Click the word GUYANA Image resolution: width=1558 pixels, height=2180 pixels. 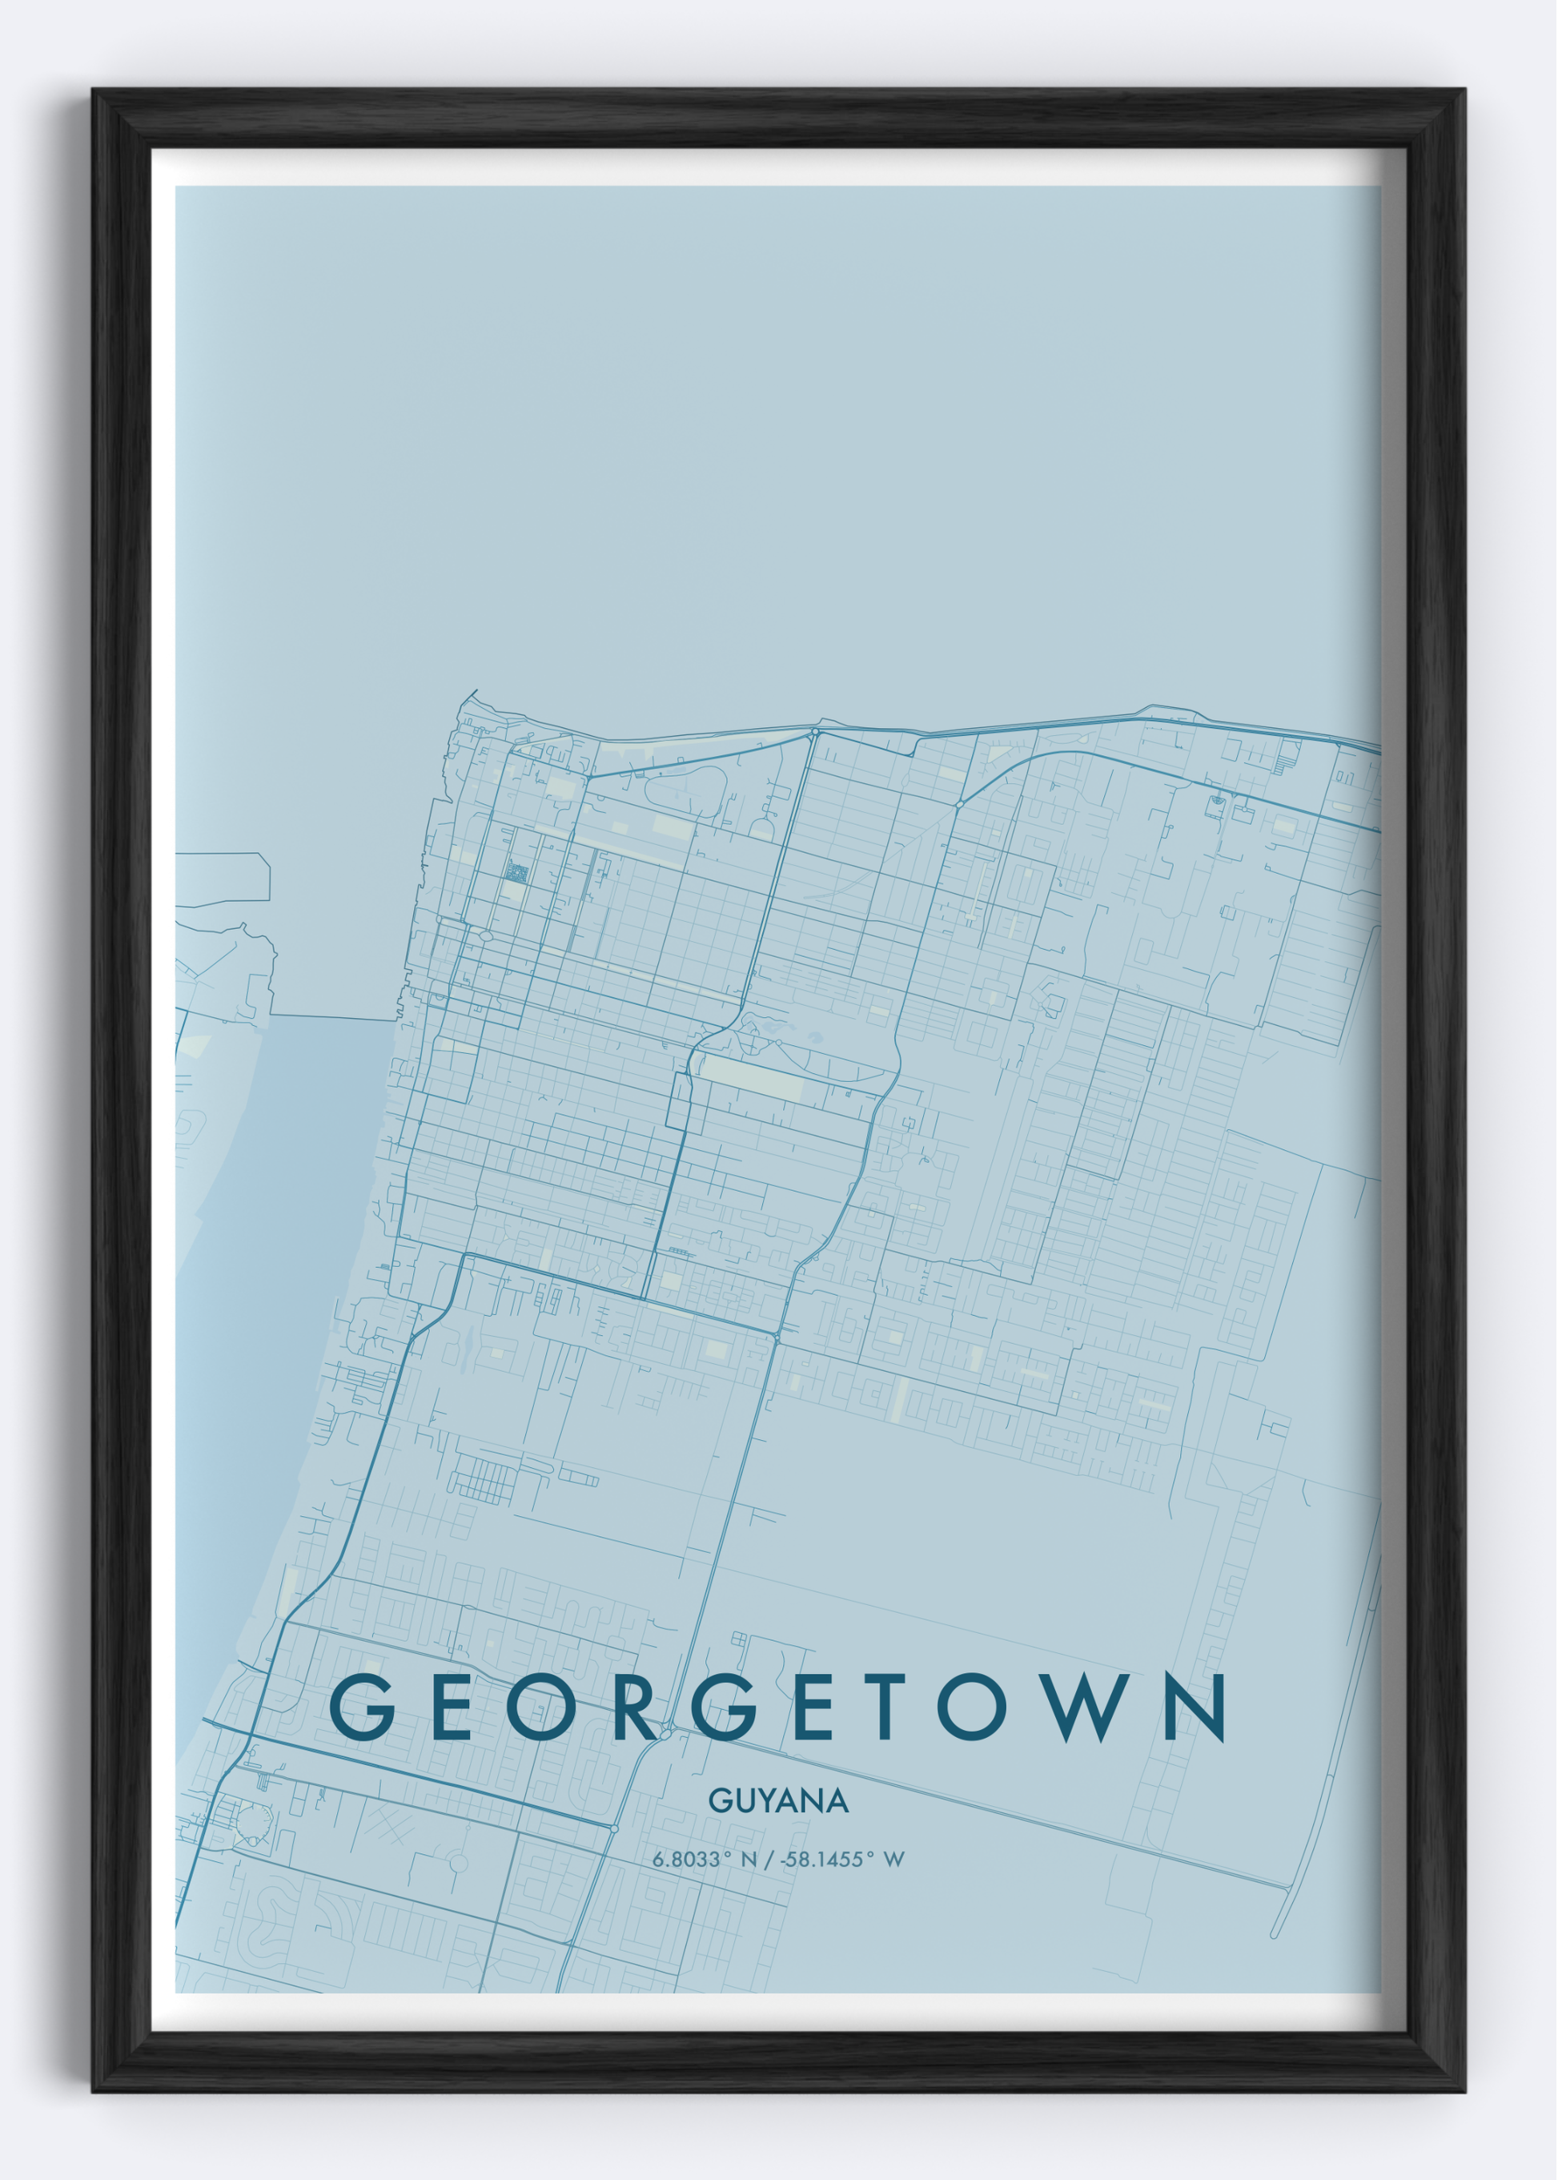pyautogui.click(x=778, y=1801)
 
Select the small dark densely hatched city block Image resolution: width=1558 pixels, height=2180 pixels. pyautogui.click(x=517, y=872)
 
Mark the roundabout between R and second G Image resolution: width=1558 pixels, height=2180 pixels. pyautogui.click(x=666, y=1733)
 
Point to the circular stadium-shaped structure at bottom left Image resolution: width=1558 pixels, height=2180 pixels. pyautogui.click(x=255, y=1821)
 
